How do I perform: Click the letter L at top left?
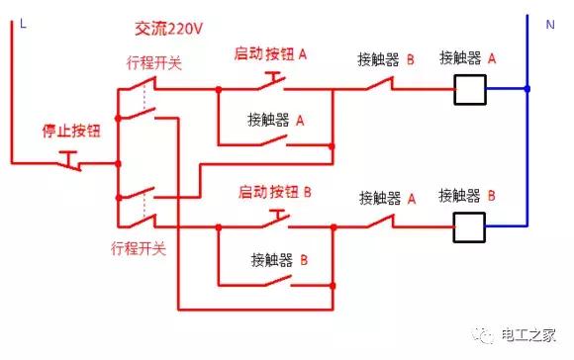pyautogui.click(x=21, y=25)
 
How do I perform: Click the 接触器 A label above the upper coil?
pyautogui.click(x=467, y=58)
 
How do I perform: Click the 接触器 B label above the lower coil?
pyautogui.click(x=467, y=194)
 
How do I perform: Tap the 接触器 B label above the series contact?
pyautogui.click(x=386, y=59)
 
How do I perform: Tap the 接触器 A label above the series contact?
pyautogui.click(x=386, y=196)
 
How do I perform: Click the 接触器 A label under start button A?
pyautogui.click(x=276, y=120)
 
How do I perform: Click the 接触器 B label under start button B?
pyautogui.click(x=280, y=260)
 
